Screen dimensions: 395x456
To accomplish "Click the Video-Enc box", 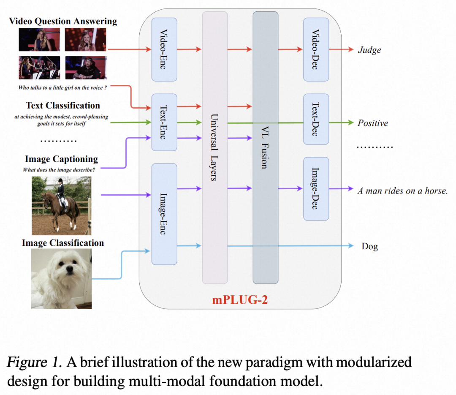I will (164, 49).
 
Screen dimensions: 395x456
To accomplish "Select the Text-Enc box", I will (164, 122).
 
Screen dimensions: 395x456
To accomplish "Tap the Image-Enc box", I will (164, 214).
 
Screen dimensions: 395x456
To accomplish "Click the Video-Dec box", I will (316, 49).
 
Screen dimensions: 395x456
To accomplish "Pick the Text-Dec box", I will (316, 119).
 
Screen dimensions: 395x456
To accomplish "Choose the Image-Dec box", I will (316, 188).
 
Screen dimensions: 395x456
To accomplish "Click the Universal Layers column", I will (215, 147).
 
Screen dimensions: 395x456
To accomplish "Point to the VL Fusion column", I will (265, 147).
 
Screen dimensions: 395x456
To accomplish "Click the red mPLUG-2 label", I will (240, 300).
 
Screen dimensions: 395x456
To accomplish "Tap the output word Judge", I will (369, 50).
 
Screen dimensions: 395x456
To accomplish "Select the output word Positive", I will (372, 123).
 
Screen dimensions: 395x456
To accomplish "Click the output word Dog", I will (369, 246).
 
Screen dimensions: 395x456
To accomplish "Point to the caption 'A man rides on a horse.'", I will (402, 191).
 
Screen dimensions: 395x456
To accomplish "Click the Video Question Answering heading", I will (63, 21).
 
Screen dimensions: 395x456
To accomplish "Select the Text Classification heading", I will (63, 105).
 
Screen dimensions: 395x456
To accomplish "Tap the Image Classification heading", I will (62, 243).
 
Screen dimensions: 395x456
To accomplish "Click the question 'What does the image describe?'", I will (59, 170).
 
